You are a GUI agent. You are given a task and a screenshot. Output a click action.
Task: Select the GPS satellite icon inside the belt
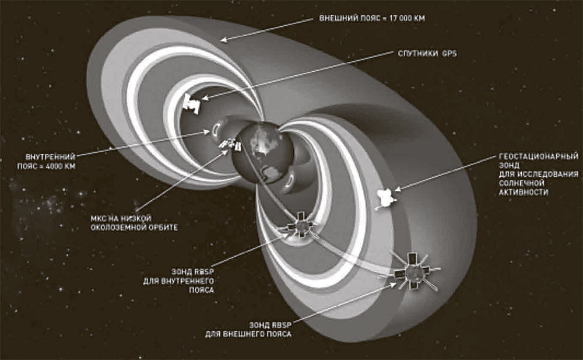[x=191, y=103]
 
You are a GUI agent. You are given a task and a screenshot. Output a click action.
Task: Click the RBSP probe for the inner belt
[x=302, y=224]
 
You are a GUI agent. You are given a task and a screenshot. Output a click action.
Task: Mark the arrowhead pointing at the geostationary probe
[x=398, y=190]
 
